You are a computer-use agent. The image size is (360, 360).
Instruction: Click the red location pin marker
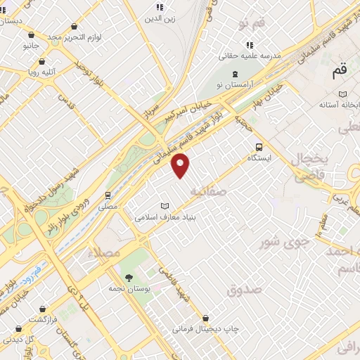(181, 165)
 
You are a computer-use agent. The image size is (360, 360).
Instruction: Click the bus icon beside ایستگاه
(259, 147)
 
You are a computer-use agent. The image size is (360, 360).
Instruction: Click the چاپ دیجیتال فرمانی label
(206, 328)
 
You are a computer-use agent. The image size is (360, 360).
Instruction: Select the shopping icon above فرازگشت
(43, 309)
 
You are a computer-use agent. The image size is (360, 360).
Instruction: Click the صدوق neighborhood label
(244, 289)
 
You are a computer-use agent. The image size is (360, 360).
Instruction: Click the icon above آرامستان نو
(235, 73)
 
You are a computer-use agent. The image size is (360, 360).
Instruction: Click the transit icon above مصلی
(108, 195)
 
